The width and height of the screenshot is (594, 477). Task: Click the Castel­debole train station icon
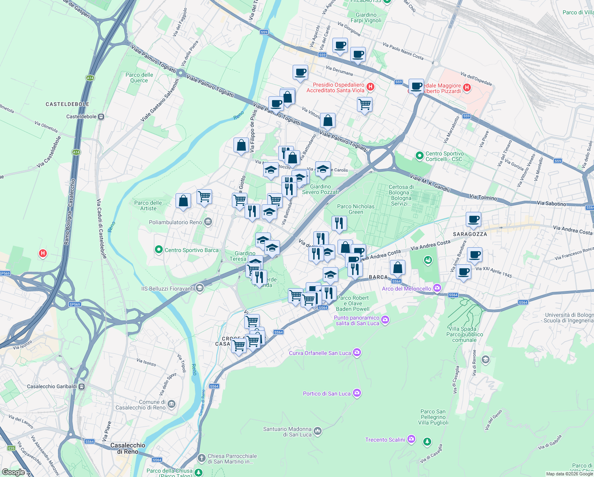coord(101,116)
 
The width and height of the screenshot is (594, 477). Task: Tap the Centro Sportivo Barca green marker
coord(159,250)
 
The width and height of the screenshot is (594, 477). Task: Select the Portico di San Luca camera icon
coord(357,393)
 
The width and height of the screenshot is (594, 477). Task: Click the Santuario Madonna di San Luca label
coord(287,432)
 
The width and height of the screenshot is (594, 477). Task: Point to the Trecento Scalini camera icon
coord(411,439)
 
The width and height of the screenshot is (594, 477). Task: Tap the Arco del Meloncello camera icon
coord(437,288)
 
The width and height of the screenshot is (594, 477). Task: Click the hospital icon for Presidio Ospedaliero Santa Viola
coord(370,87)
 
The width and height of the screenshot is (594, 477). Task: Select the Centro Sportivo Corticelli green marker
coord(420,156)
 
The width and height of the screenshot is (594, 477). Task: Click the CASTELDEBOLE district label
coord(67,104)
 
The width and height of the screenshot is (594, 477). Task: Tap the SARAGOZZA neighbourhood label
coord(470,234)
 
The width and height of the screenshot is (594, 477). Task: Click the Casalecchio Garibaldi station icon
coord(81,386)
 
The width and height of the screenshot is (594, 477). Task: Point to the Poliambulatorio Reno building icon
coord(208,222)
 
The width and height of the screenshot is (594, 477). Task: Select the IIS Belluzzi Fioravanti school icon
coord(200,288)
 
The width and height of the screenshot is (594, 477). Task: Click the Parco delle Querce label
coord(139,78)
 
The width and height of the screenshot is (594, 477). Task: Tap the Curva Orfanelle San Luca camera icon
coord(357,353)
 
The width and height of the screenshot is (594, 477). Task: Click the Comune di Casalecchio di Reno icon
coord(171,404)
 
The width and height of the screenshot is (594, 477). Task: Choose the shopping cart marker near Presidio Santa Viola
coord(364,105)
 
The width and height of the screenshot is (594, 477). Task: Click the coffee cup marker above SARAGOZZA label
coord(473,219)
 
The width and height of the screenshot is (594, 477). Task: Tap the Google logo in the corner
coord(13,472)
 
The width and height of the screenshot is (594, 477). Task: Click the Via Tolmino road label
coord(483,198)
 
